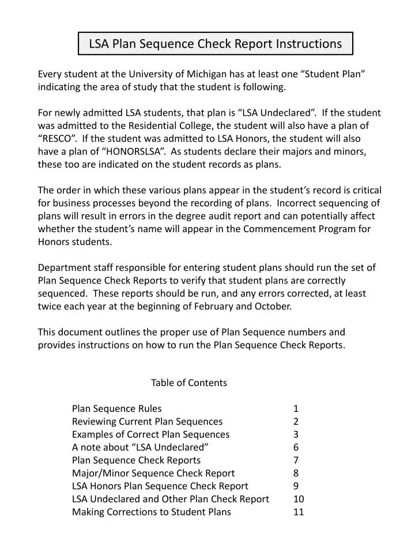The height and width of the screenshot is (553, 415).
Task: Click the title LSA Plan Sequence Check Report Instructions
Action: (x=215, y=43)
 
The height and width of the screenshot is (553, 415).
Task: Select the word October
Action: (x=271, y=306)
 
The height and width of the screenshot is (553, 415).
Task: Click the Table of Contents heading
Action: (x=189, y=382)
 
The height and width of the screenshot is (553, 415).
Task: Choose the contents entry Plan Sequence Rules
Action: (x=117, y=408)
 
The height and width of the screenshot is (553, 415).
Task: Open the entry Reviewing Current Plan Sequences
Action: (x=147, y=421)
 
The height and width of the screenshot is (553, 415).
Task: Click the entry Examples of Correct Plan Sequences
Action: (x=150, y=434)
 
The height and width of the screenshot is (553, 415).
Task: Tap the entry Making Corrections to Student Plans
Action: (x=152, y=512)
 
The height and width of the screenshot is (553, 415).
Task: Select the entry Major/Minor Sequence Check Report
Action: (x=153, y=473)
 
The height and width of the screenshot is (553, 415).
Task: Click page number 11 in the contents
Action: (x=298, y=512)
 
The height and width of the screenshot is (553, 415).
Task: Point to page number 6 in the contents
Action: (x=296, y=447)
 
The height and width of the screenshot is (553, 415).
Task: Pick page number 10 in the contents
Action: (x=299, y=499)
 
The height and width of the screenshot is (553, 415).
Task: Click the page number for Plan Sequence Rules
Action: (x=296, y=408)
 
